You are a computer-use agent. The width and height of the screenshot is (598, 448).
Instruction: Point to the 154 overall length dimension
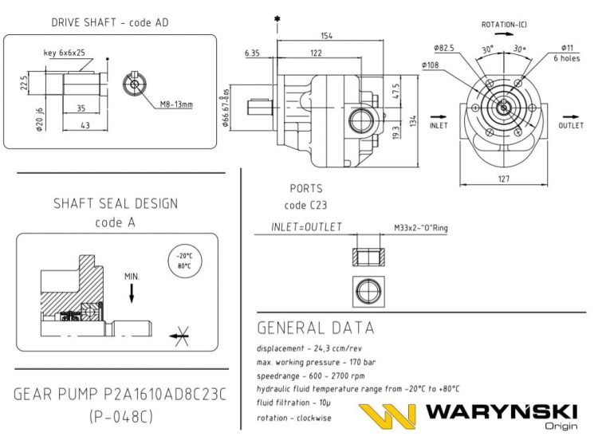pos(327,36)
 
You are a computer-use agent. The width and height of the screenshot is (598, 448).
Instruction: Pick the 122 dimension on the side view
pos(317,53)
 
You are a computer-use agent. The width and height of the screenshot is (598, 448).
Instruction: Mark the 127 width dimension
pos(503,179)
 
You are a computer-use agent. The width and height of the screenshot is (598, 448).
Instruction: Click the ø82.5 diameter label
pos(444,49)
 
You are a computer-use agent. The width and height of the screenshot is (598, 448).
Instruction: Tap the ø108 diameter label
pos(431,65)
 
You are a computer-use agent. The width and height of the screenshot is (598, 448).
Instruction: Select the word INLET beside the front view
pos(439,125)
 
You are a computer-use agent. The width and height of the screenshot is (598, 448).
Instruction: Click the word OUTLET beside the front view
pos(571,125)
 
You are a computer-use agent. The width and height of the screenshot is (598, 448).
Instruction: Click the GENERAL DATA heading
pos(316,328)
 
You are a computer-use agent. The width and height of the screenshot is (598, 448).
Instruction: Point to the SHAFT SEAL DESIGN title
pos(116,204)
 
